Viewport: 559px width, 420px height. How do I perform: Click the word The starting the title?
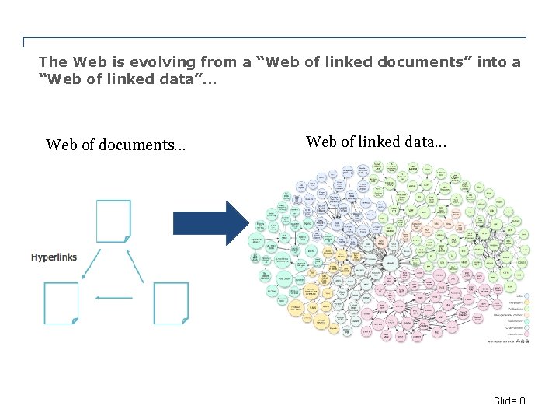click(x=53, y=61)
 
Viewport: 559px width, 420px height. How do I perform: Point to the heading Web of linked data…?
click(x=376, y=142)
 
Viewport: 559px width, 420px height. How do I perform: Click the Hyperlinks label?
click(x=54, y=257)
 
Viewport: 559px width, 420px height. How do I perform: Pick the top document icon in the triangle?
click(x=113, y=221)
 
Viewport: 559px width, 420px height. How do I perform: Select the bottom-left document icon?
click(x=61, y=303)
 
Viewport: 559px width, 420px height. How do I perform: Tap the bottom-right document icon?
click(x=171, y=303)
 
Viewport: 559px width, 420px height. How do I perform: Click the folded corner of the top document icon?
click(x=126, y=238)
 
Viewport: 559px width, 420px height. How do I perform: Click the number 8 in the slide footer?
click(x=523, y=401)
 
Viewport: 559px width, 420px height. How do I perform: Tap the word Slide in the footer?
click(x=505, y=401)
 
